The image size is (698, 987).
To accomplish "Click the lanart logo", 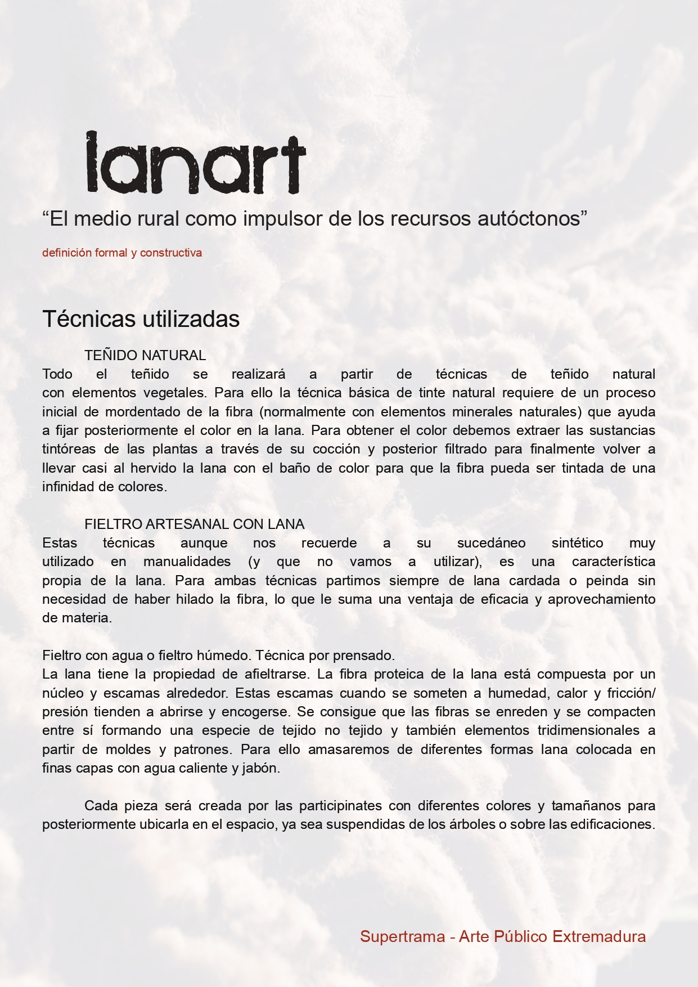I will (196, 163).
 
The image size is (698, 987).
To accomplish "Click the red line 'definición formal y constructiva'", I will (122, 253).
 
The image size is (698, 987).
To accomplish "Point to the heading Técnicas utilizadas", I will (141, 319).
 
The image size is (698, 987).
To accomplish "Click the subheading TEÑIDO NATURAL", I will (145, 356).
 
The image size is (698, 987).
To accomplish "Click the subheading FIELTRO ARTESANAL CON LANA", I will (195, 524).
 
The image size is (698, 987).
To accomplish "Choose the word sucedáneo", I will (491, 543).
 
